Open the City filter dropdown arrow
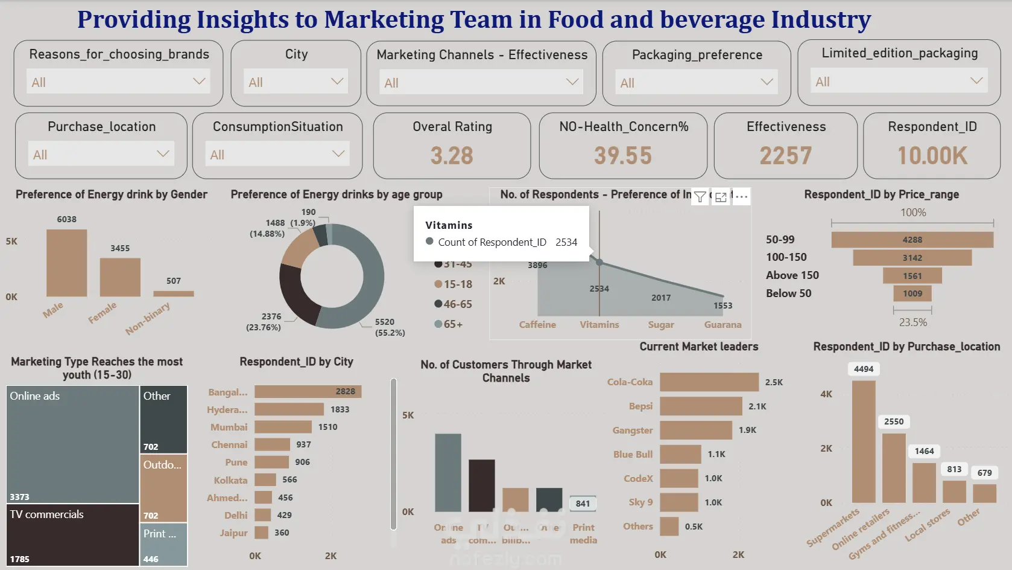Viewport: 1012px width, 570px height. [337, 82]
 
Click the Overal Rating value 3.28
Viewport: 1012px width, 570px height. [452, 156]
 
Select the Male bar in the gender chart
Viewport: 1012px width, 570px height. [67, 263]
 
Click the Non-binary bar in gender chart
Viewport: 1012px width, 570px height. [174, 293]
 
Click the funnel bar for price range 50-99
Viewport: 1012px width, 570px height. [912, 240]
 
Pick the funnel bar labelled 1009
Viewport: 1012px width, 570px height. [912, 293]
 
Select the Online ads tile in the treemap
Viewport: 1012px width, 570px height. [72, 444]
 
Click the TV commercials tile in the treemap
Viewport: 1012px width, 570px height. [72, 535]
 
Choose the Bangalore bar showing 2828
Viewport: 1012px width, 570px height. [308, 392]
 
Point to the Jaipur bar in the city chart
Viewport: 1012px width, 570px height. [261, 533]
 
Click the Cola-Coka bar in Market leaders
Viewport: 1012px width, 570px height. [709, 382]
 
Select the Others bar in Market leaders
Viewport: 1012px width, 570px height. [669, 527]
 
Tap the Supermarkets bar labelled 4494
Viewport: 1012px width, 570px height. [864, 441]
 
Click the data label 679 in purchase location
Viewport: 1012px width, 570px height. [984, 473]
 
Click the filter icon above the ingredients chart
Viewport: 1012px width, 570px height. [700, 197]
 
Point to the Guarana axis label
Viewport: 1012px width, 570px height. [723, 325]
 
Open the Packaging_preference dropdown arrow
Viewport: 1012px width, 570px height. [767, 82]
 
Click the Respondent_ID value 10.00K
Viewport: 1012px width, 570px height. [932, 156]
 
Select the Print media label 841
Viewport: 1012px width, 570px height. [583, 504]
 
